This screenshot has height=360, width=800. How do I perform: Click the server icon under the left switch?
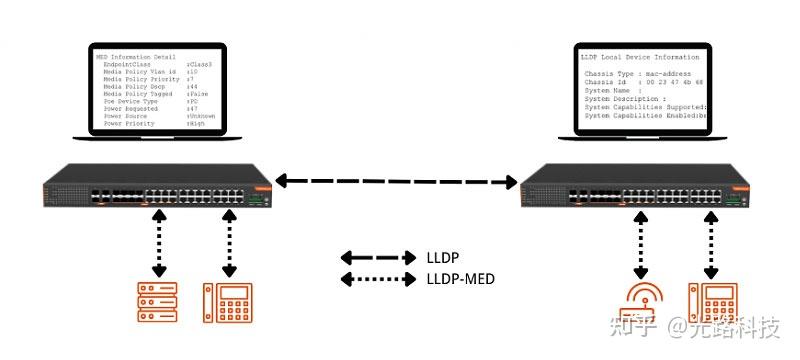[x=158, y=303]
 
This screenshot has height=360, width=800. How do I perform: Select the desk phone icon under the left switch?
[x=227, y=303]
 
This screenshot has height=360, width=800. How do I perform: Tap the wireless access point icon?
[x=643, y=302]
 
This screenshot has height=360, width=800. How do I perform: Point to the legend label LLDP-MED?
[x=462, y=278]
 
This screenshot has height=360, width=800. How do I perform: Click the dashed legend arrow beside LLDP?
[x=378, y=257]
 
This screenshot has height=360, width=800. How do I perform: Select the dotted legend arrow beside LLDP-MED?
[x=378, y=278]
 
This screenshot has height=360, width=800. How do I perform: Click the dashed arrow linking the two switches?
[x=397, y=181]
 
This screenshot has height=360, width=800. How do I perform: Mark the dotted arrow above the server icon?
[x=158, y=244]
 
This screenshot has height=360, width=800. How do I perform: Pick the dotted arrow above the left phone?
[x=229, y=244]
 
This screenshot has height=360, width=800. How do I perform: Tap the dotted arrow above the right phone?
[x=711, y=244]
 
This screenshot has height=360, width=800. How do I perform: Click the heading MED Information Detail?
[x=135, y=57]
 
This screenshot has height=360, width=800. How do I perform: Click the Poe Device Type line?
[x=150, y=101]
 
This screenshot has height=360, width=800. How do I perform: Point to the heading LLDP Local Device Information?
[x=640, y=58]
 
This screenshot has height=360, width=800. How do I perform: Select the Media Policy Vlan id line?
[x=150, y=71]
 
